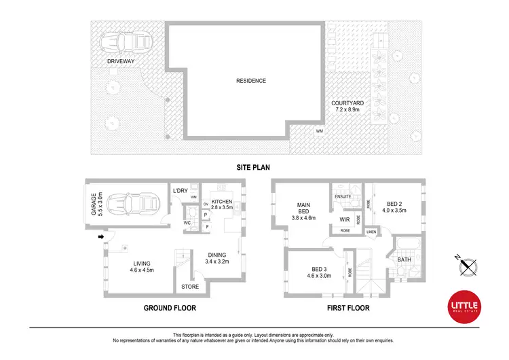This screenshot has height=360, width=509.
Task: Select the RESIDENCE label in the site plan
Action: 250,81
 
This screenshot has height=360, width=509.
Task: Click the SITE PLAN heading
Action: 254,166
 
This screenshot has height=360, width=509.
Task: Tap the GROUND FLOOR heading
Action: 170,308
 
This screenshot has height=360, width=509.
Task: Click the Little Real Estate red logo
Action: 465,306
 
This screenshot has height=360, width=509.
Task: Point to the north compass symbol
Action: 468,264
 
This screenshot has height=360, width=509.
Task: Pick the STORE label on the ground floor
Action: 190,287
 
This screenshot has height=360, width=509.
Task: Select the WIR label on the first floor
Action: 344,220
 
